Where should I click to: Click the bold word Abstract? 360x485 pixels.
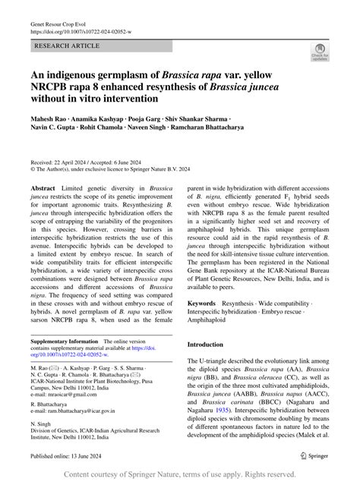tap(43, 187)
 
